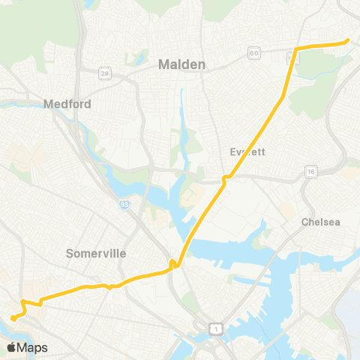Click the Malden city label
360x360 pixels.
tap(181, 65)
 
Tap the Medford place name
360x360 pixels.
tap(67, 104)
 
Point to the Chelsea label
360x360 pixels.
tap(320, 222)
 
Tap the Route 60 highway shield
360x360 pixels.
tap(254, 52)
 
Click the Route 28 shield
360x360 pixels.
tap(105, 72)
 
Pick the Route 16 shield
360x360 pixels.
tap(310, 172)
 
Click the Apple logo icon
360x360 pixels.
tap(11, 347)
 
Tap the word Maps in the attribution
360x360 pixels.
tap(33, 347)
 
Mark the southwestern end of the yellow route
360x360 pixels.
tap(13, 324)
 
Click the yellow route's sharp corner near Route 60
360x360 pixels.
tap(295, 49)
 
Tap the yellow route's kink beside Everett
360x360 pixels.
tap(224, 178)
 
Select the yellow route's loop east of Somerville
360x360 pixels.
tap(173, 263)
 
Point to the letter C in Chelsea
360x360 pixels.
tap(304, 222)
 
